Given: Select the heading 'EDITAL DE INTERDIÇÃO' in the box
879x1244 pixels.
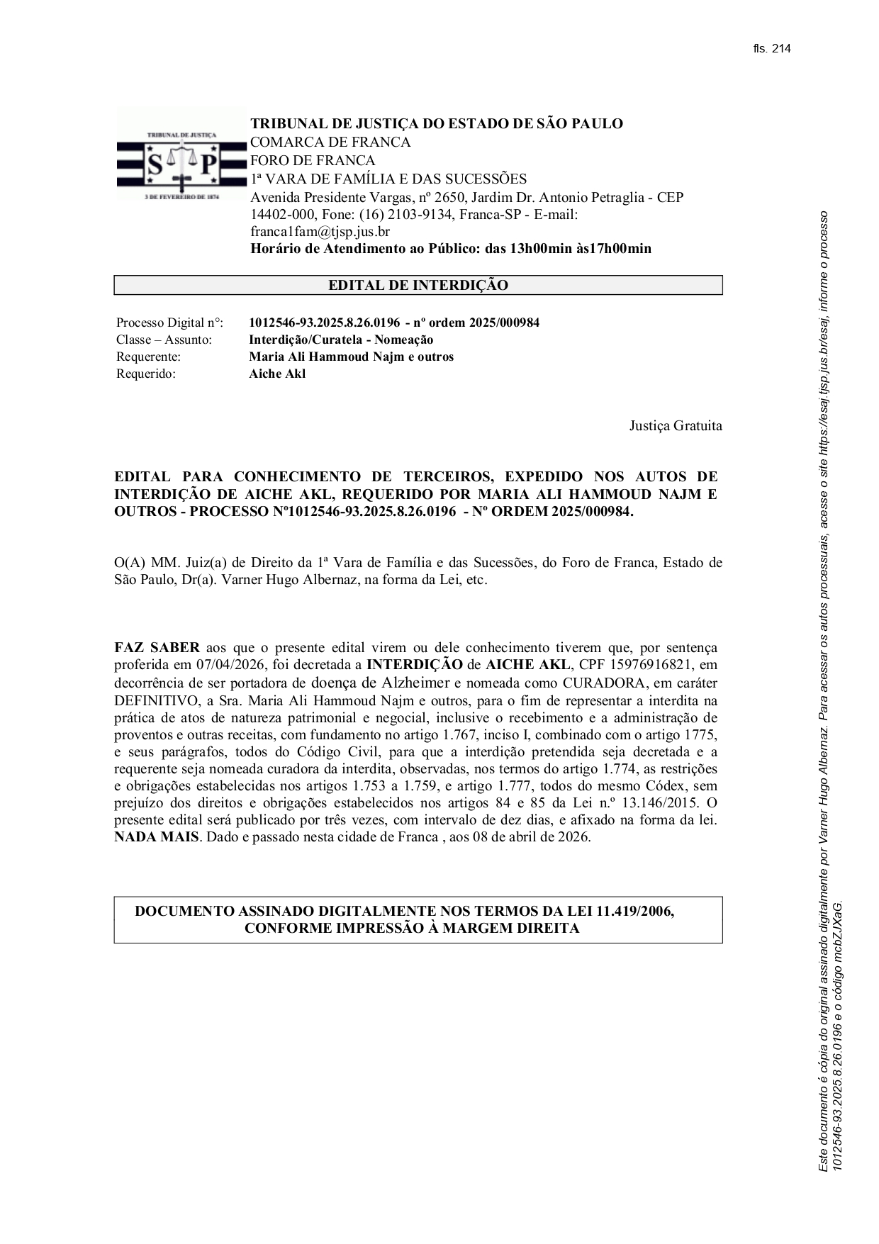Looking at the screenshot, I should pos(418,286).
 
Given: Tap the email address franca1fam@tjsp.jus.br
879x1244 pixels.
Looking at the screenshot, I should pos(320,232).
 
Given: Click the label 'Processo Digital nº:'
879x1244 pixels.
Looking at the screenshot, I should pos(169,323).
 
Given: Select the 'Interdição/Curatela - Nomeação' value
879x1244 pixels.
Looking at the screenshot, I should pos(341,340).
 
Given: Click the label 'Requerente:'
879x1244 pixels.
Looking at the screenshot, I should pos(148,357).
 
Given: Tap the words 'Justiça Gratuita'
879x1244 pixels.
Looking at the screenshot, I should pos(676,426).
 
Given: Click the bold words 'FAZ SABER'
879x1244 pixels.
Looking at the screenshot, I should pos(157,648).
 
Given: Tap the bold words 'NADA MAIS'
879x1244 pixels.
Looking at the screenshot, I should pos(157,837).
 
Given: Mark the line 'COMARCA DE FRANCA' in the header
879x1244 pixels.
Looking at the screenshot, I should pos(330,142).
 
